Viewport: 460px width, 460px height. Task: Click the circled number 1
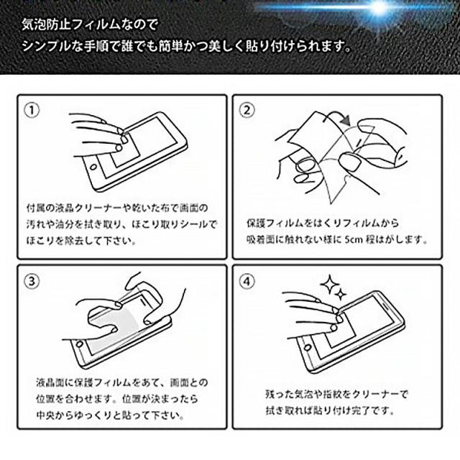(32, 111)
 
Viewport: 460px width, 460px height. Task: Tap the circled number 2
(247, 111)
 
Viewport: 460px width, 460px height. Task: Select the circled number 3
(32, 281)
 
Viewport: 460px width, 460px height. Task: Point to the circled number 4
(247, 281)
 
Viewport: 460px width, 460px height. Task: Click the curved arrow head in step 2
(346, 120)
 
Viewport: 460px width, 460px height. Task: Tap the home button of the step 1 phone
(94, 167)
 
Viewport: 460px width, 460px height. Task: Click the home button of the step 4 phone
(308, 348)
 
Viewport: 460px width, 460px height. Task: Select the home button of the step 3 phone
(80, 344)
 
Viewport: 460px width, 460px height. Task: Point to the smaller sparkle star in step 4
(341, 294)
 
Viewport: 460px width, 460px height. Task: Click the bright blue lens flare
(379, 8)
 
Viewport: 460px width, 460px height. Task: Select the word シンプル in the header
(47, 47)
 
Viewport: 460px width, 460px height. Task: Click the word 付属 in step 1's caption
(35, 208)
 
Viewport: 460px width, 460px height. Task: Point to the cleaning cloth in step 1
(126, 149)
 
